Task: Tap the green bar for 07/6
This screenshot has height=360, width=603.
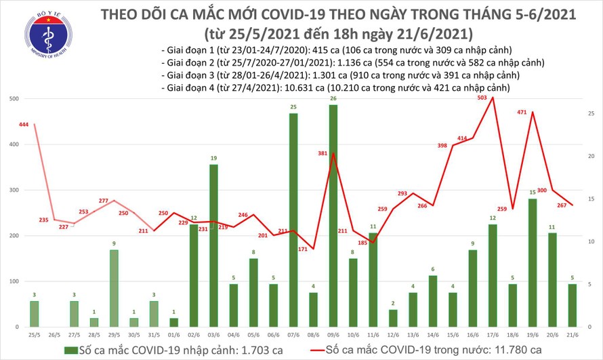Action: pyautogui.click(x=293, y=220)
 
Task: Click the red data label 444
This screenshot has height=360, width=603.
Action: pyautogui.click(x=24, y=125)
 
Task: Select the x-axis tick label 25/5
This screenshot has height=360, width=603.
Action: pyautogui.click(x=34, y=336)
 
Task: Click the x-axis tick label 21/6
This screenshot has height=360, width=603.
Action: pyautogui.click(x=573, y=336)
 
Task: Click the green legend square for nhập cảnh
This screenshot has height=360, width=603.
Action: pyautogui.click(x=70, y=349)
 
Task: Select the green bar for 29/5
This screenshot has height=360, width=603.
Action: pyautogui.click(x=114, y=288)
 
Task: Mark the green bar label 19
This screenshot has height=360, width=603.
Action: pyautogui.click(x=213, y=159)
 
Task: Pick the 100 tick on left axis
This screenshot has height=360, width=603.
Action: pyautogui.click(x=12, y=281)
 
